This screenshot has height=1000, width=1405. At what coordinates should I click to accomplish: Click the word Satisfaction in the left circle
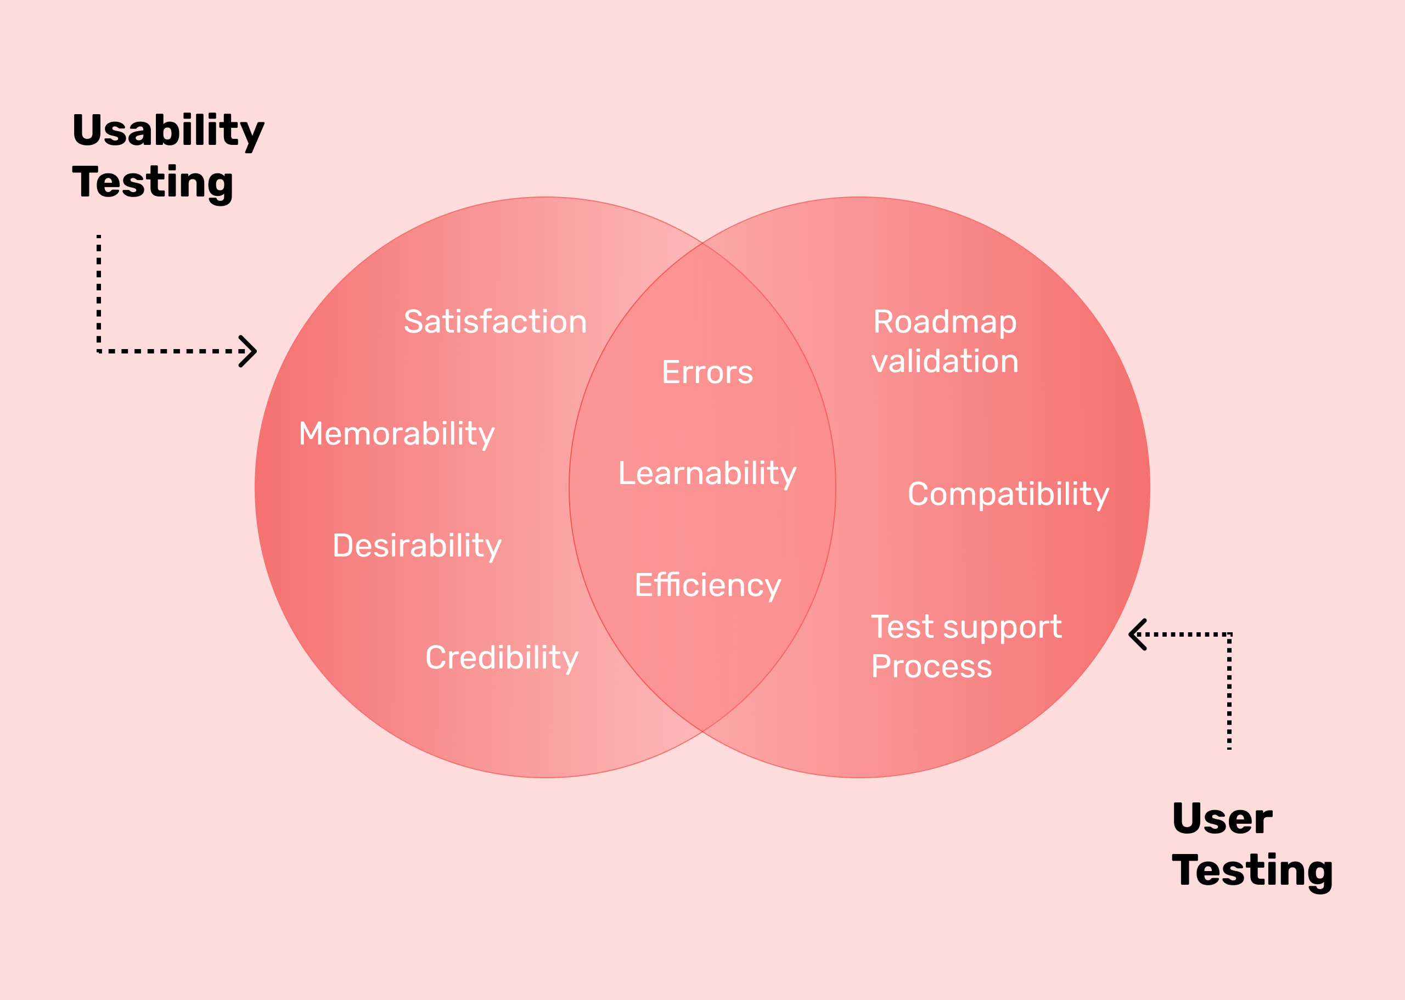[x=495, y=322]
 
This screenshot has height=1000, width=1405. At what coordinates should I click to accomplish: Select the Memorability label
[x=396, y=434]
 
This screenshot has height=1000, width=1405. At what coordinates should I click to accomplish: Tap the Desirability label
[x=417, y=546]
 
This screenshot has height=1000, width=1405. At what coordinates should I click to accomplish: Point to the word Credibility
[x=502, y=658]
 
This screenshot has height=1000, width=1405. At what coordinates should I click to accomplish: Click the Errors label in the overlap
[x=707, y=373]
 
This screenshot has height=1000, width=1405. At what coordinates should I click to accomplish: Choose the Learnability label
[x=707, y=474]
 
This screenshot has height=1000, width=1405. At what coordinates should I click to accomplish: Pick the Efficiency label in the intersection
[x=707, y=586]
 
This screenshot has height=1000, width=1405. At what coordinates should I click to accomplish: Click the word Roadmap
[x=945, y=322]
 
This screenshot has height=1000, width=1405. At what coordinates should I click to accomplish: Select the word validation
[x=945, y=362]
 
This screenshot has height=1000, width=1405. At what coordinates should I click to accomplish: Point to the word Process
[x=931, y=667]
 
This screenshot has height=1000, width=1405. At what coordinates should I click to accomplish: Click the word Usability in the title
[x=168, y=131]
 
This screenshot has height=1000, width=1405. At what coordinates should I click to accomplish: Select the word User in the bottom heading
[x=1222, y=819]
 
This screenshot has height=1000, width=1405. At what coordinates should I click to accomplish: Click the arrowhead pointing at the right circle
[x=1137, y=634]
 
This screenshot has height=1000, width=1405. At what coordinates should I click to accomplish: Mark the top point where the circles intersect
[x=702, y=243]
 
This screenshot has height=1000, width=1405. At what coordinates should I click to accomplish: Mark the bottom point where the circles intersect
[x=702, y=732]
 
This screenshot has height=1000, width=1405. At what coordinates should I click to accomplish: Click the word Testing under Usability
[x=153, y=183]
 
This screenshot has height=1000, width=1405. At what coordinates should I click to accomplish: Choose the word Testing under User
[x=1252, y=870]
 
